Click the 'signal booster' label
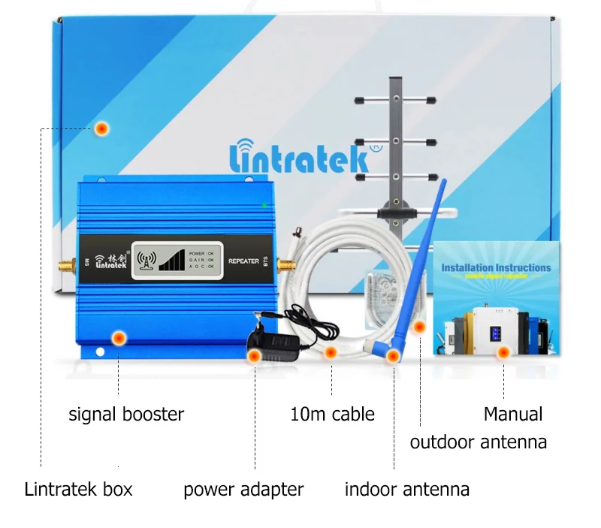click(126, 414)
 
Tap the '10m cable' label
click(332, 414)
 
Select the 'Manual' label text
click(512, 414)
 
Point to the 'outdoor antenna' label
click(478, 442)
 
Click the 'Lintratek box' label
click(78, 490)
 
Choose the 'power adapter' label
click(243, 490)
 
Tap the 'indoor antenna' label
click(406, 490)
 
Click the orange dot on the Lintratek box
click(102, 128)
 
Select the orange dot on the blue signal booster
click(118, 338)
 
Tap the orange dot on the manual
click(503, 351)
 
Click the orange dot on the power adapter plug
click(255, 355)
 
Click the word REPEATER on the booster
click(243, 261)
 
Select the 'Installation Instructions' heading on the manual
click(496, 267)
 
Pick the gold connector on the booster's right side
click(286, 264)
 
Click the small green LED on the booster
click(264, 204)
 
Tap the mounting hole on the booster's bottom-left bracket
click(98, 351)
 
